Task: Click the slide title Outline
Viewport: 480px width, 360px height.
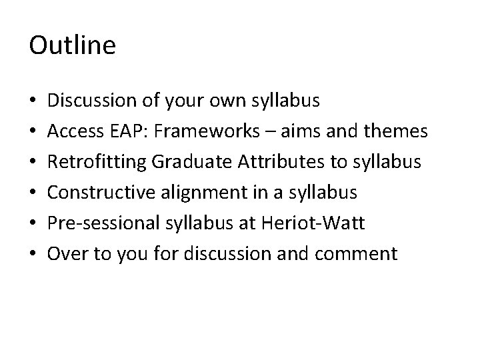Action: click(x=73, y=46)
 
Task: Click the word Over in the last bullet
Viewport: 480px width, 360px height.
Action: click(x=65, y=254)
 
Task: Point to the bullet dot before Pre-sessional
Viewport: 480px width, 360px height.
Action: click(x=33, y=224)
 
